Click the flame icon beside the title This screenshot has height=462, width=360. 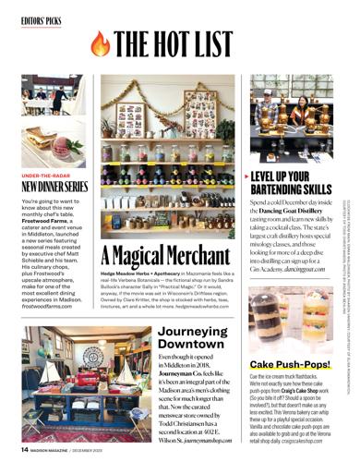point(100,43)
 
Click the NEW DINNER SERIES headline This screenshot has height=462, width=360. point(54,186)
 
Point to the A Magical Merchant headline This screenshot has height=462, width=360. point(165,254)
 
